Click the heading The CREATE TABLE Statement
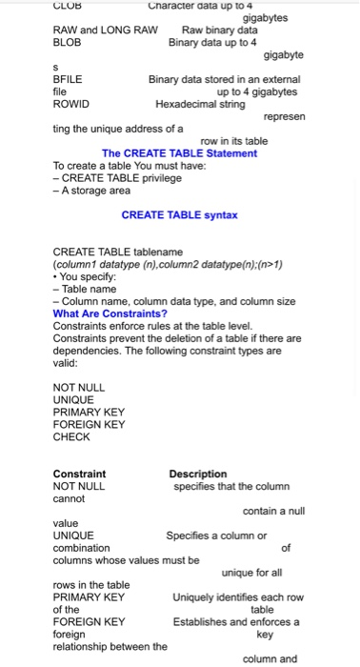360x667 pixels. pyautogui.click(x=179, y=153)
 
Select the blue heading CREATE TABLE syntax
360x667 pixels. pyautogui.click(x=179, y=215)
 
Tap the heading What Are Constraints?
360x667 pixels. pyautogui.click(x=110, y=313)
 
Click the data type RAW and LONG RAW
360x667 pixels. pyautogui.click(x=105, y=30)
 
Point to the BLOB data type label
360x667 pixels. pyautogui.click(x=67, y=43)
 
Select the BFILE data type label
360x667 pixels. pyautogui.click(x=67, y=80)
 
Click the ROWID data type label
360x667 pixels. pyautogui.click(x=70, y=104)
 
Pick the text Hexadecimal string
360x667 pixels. pyautogui.click(x=199, y=104)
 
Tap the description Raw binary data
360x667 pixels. pyautogui.click(x=219, y=30)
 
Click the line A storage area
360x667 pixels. pyautogui.click(x=91, y=191)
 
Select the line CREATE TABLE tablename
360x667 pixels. pyautogui.click(x=117, y=253)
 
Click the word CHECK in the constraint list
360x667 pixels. pyautogui.click(x=71, y=437)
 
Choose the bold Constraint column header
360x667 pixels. pyautogui.click(x=79, y=474)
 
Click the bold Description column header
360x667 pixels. pyautogui.click(x=198, y=474)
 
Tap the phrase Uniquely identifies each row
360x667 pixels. pyautogui.click(x=237, y=597)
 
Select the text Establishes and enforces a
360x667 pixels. pyautogui.click(x=236, y=622)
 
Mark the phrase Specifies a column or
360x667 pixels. pyautogui.click(x=216, y=536)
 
